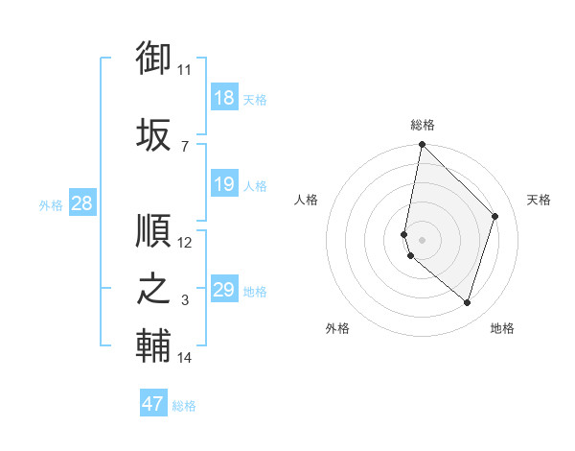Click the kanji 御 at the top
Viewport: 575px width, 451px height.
[x=153, y=59]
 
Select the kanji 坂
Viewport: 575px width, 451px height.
[x=153, y=133]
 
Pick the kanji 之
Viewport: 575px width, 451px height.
[x=153, y=289]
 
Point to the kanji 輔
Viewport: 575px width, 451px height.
[x=153, y=346]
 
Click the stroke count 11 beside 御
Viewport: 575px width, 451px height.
[x=184, y=70]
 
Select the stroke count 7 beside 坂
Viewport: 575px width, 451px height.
[x=184, y=146]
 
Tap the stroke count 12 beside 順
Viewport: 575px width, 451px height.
[x=184, y=243]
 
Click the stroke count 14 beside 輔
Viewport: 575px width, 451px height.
[x=184, y=358]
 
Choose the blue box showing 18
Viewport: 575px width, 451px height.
[x=223, y=98]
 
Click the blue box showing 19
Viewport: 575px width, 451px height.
[x=223, y=184]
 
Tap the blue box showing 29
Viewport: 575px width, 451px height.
[x=223, y=290]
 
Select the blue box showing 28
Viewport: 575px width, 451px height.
[x=81, y=203]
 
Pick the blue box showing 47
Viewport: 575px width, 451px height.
[x=153, y=404]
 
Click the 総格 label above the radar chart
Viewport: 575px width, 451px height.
[x=422, y=125]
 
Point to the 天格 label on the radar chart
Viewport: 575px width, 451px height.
[x=540, y=200]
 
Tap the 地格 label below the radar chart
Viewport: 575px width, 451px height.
[x=502, y=328]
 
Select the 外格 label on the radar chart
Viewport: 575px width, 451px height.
[x=337, y=328]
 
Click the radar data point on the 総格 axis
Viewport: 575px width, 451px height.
[x=422, y=146]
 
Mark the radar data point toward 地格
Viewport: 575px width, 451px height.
[x=468, y=303]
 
